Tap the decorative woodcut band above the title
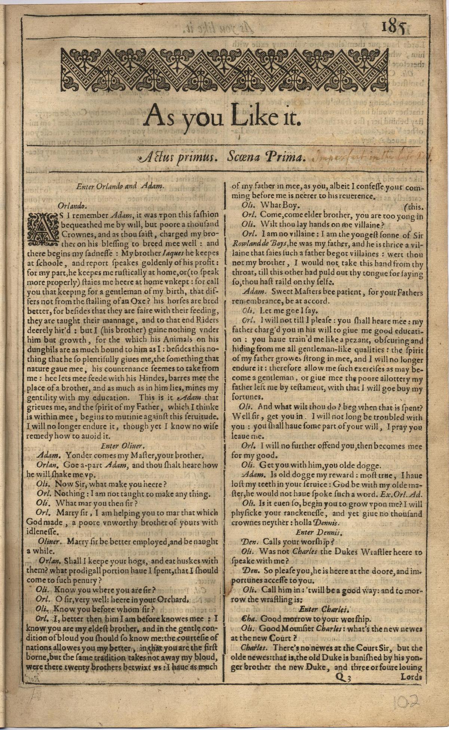coord(224,70)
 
